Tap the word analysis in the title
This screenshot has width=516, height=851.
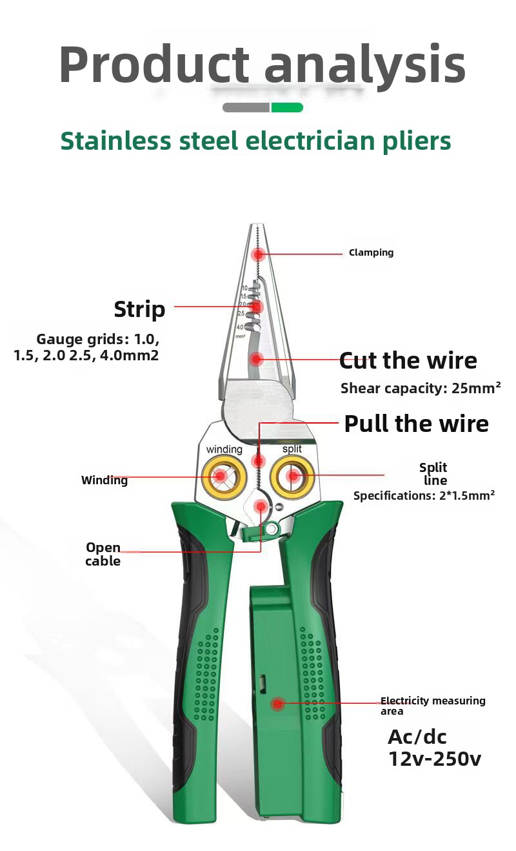[364, 65]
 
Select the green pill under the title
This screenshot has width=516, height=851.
[287, 107]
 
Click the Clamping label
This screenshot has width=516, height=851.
[371, 252]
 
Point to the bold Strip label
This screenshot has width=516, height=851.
[139, 309]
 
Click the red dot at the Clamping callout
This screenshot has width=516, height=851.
[259, 254]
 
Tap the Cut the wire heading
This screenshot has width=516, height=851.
[408, 360]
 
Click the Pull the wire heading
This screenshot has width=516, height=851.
[416, 424]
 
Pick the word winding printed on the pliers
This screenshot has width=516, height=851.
[224, 449]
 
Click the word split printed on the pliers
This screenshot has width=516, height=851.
[292, 449]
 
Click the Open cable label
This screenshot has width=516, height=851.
[103, 554]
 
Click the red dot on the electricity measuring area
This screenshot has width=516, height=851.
[278, 704]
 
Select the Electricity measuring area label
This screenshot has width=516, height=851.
[432, 706]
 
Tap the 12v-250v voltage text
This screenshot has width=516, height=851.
[434, 759]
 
